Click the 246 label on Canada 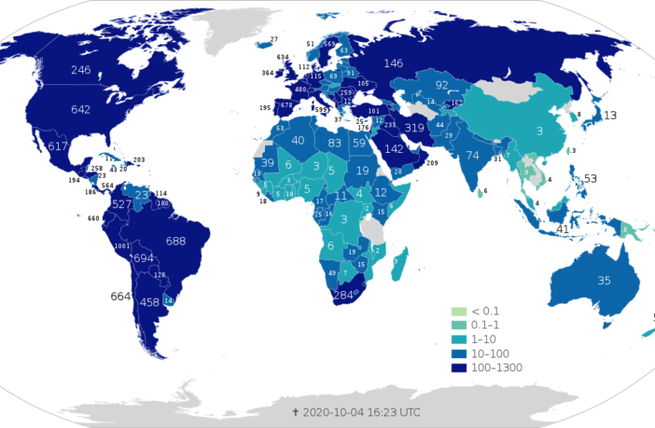(x=80, y=70)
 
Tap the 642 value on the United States (x=80, y=109)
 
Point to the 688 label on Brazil (x=175, y=241)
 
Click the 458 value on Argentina (x=149, y=302)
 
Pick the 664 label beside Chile (x=120, y=297)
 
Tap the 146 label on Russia (x=393, y=63)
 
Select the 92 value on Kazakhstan (x=442, y=85)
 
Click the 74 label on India (x=473, y=155)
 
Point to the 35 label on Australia (x=604, y=280)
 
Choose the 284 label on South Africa (x=344, y=296)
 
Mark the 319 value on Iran (x=415, y=128)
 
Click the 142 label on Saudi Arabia (x=394, y=149)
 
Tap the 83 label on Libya (x=335, y=143)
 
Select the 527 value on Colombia (x=121, y=203)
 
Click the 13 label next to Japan (x=610, y=115)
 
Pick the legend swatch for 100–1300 (x=457, y=367)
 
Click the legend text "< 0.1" (x=485, y=311)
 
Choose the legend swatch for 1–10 (x=457, y=339)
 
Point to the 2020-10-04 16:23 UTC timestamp (x=357, y=411)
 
